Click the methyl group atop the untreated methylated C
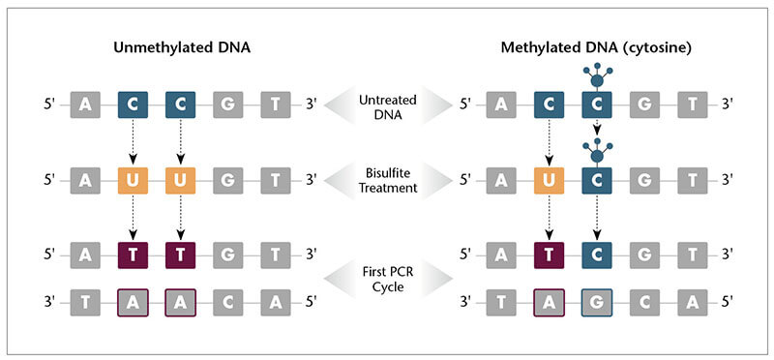(597, 74)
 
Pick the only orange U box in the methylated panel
(550, 179)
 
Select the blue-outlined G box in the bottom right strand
(597, 302)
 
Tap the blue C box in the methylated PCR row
(597, 255)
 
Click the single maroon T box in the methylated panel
(550, 255)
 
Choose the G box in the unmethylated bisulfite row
(228, 179)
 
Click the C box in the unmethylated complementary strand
(228, 302)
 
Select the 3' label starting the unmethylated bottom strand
(49, 302)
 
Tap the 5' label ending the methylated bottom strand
(728, 302)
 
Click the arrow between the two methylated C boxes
(597, 129)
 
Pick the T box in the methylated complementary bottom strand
(502, 302)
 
